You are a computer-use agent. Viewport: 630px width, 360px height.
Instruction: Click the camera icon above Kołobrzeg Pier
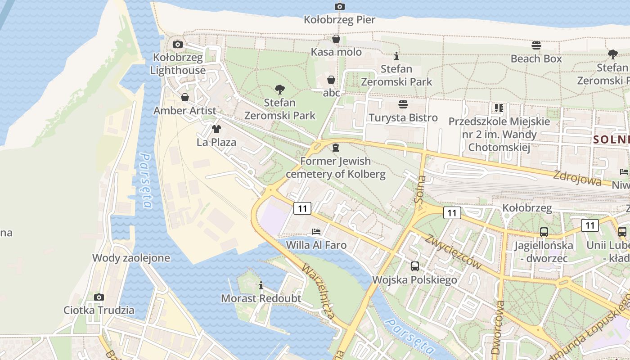pos(339,6)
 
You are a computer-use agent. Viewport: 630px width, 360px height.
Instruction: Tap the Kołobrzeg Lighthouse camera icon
pos(178,44)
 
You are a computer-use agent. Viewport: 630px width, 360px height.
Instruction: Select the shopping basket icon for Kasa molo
pos(336,39)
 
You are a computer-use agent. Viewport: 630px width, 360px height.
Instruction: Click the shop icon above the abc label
pos(331,80)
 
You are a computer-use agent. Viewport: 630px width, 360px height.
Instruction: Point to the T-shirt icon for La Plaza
pos(216,129)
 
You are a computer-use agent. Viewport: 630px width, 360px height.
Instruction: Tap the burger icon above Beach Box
pos(536,45)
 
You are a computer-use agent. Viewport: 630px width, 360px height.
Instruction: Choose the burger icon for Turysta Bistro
pos(403,104)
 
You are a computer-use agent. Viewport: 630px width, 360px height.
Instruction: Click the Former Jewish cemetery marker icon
pos(335,148)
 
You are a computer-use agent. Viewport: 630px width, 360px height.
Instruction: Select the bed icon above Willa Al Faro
pos(316,232)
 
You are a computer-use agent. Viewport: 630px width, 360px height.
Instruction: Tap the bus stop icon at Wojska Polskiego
pos(414,266)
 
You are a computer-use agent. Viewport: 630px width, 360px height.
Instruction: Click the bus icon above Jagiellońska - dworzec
pos(544,232)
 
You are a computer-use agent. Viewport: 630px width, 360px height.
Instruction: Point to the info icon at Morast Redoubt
pos(261,285)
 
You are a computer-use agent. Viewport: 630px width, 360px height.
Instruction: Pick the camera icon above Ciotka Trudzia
pos(99,297)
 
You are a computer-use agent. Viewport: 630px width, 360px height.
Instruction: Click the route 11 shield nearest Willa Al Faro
pos(302,208)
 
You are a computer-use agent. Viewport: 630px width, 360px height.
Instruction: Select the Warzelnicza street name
pos(319,292)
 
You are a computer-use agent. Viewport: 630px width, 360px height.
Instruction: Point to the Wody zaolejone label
pos(131,258)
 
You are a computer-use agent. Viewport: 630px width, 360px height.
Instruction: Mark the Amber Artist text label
pos(184,111)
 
